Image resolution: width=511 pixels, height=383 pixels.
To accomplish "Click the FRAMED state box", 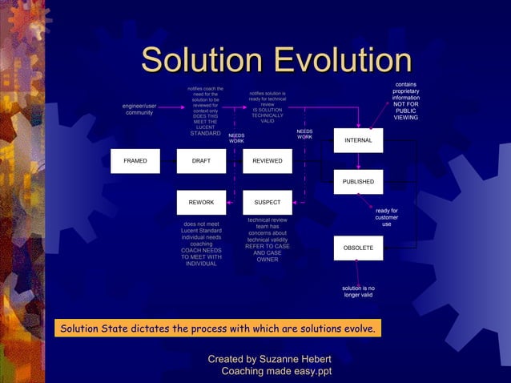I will pos(135,161).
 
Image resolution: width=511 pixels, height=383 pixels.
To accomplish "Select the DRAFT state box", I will pos(201,161).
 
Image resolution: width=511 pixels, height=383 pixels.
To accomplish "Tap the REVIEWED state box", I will pos(267,161).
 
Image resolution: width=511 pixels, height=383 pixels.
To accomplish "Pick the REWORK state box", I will pos(201,203).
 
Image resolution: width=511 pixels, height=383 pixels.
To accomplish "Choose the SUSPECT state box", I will pos(267,203).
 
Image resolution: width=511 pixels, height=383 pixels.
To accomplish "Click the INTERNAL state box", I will pos(358,141).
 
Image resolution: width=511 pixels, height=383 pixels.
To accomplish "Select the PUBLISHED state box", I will pos(358,182).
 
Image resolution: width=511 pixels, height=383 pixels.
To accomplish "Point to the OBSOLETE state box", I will pos(358,248).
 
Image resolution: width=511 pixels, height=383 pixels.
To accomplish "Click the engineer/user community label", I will pos(139,109).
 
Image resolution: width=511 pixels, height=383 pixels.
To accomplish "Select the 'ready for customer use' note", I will pos(386,217).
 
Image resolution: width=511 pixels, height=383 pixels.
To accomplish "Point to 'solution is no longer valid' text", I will pos(358,292).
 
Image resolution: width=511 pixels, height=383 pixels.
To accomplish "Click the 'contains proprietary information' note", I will pos(405,101).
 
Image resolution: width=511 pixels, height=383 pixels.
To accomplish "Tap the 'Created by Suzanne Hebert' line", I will pos(269,359).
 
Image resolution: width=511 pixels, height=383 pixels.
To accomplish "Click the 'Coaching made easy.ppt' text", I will pos(276,372).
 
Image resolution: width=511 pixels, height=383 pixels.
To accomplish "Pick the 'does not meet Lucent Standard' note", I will pos(201,244).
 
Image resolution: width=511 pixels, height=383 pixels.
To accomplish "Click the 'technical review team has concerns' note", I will pos(268,240).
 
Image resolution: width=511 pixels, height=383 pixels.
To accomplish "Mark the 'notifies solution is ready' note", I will pos(267,107).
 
